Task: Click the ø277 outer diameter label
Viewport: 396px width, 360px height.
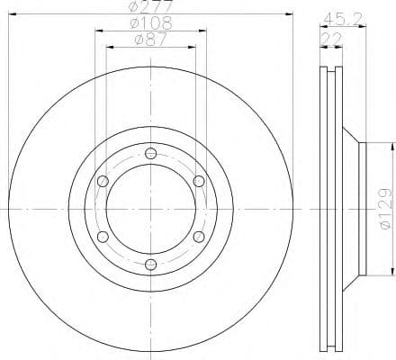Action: pos(150,7)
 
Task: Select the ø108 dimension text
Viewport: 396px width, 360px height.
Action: pos(150,22)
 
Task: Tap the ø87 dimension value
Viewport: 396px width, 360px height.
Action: pos(150,39)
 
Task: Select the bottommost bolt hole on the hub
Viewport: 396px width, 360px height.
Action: pos(150,264)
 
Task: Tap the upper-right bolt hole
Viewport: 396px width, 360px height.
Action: pos(199,181)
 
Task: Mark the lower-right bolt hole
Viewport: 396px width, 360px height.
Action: pos(199,236)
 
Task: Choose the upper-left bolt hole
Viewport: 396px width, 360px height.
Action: pos(103,181)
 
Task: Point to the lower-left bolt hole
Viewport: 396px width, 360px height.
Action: pos(103,236)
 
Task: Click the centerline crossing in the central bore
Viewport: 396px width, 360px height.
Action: pos(150,208)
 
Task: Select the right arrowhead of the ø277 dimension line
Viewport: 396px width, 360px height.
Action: pos(290,14)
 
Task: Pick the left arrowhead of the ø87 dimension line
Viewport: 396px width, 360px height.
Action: pos(110,46)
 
